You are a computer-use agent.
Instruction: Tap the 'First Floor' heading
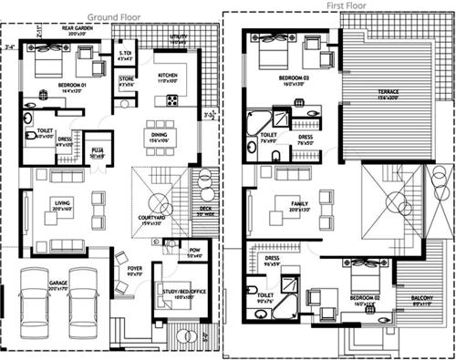pyautogui.click(x=347, y=5)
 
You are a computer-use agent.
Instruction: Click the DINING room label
pyautogui.click(x=160, y=134)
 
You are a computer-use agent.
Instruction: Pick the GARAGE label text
pyautogui.click(x=58, y=285)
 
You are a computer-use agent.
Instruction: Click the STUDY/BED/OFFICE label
pyautogui.click(x=178, y=292)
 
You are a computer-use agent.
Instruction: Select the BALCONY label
pyautogui.click(x=420, y=299)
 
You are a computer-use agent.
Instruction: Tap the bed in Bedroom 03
pyautogui.click(x=273, y=56)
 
